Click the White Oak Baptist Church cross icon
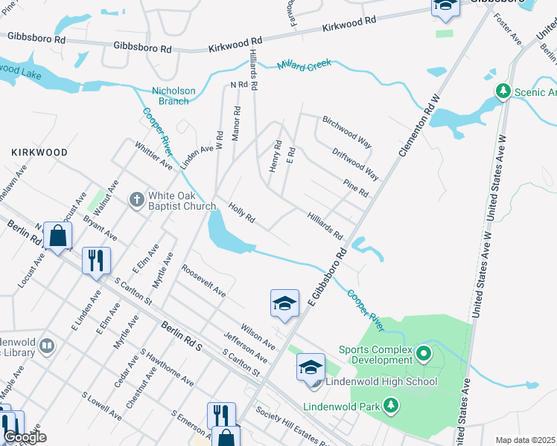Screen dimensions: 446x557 pos(136,199)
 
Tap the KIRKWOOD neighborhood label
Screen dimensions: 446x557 pos(39,152)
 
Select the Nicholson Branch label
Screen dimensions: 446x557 pos(174,96)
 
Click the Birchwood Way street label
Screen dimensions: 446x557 pos(346,132)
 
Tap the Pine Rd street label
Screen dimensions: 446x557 pos(356,187)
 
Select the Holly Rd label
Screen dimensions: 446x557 pos(242,214)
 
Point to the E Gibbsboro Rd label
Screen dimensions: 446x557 pos(328,279)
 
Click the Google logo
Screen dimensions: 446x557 pos(25,436)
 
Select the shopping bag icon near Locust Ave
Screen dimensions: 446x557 pos(57,236)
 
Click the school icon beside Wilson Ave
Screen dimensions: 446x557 pos(284,303)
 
